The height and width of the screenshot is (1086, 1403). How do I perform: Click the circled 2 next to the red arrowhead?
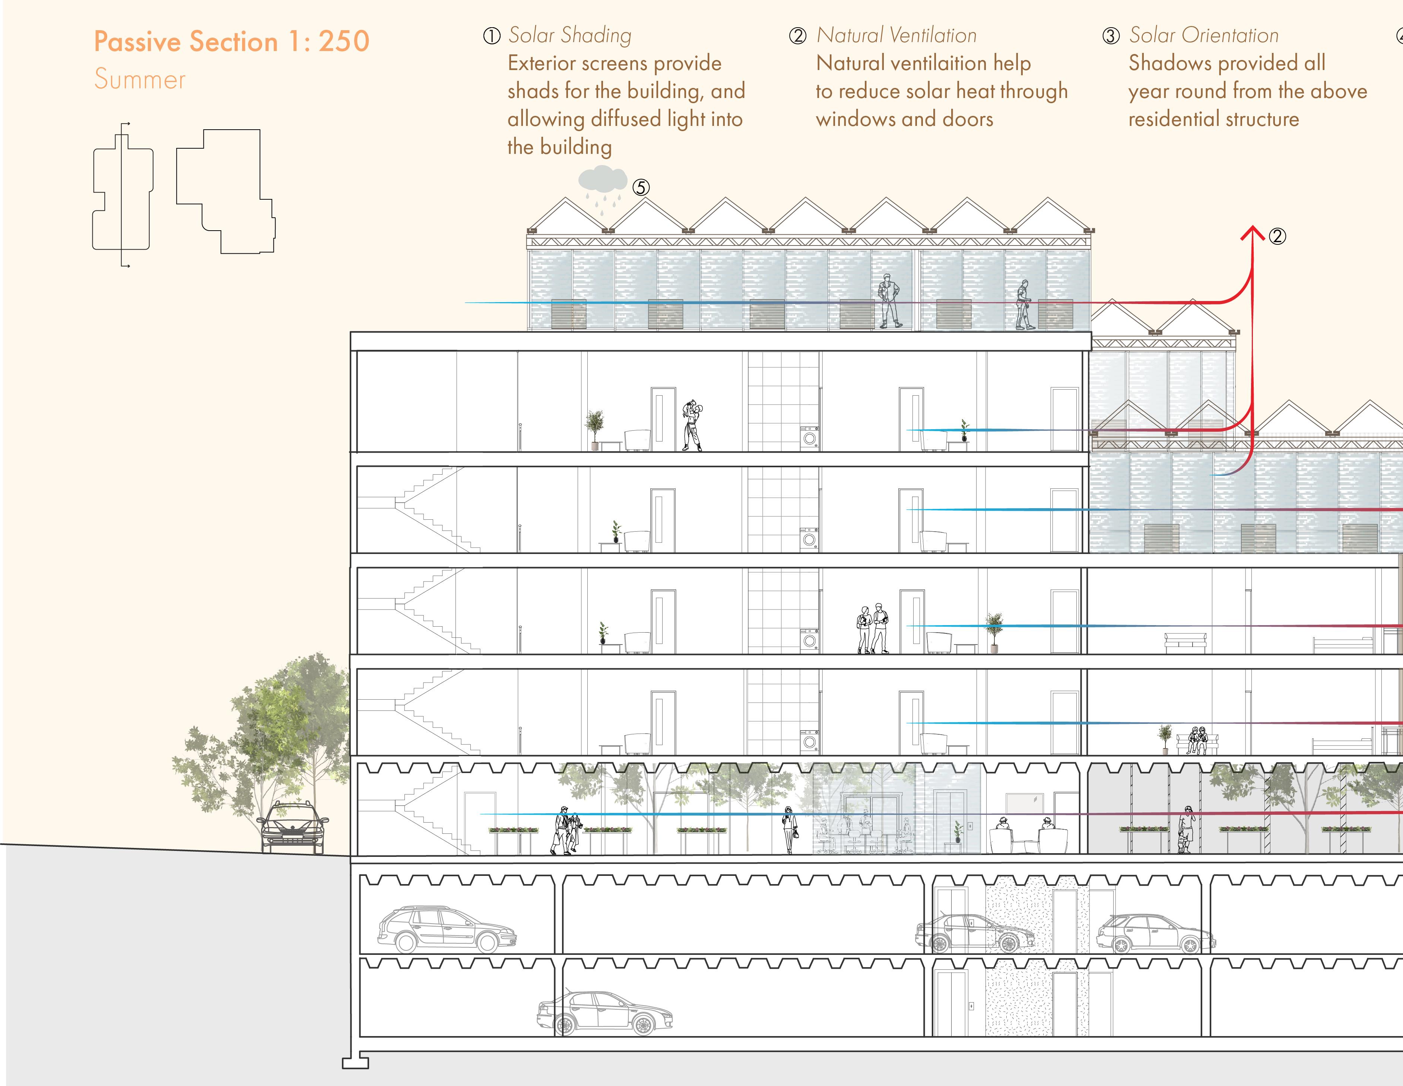coord(1277,237)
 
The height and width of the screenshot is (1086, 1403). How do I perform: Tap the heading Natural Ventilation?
coord(896,35)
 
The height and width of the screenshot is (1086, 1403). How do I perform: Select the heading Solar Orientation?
coord(1203,35)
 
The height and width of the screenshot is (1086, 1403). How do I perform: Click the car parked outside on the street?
coord(293,828)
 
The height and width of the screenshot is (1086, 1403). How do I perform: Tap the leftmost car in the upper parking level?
coord(446,929)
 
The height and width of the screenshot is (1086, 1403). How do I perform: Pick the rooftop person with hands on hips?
coord(888,301)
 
